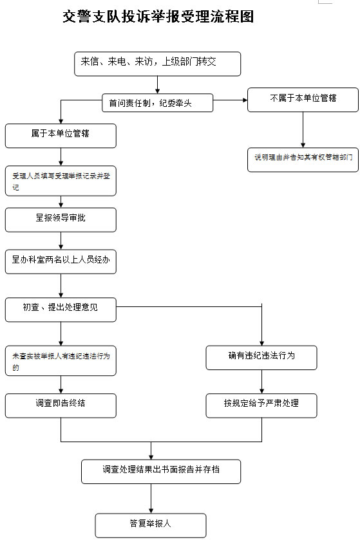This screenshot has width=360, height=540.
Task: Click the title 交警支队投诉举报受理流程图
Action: pyautogui.click(x=158, y=17)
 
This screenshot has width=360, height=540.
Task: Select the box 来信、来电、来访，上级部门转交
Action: pyautogui.click(x=157, y=63)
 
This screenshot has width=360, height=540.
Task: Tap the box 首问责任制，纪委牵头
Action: pyautogui.click(x=157, y=102)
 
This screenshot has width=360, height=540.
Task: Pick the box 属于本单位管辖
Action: pyautogui.click(x=61, y=135)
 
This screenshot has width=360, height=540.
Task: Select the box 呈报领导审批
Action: pyautogui.click(x=61, y=219)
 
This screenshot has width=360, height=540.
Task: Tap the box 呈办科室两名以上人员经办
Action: pyautogui.click(x=61, y=261)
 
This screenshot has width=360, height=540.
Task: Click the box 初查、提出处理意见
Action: pyautogui.click(x=61, y=309)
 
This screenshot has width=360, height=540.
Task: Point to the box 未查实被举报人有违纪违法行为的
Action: pyautogui.click(x=61, y=362)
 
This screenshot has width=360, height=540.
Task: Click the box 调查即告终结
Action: pyautogui.click(x=61, y=405)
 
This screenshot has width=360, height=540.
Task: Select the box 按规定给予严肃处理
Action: pyautogui.click(x=261, y=405)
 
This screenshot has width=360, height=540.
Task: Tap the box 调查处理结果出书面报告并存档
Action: pyautogui.click(x=161, y=470)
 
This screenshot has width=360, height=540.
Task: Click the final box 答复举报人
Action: pyautogui.click(x=151, y=525)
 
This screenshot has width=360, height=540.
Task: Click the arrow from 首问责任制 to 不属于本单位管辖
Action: pyautogui.click(x=230, y=100)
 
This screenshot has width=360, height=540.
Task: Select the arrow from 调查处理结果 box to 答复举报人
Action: pyautogui.click(x=151, y=498)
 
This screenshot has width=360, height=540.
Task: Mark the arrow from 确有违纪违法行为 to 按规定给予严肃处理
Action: pyautogui.click(x=261, y=382)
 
